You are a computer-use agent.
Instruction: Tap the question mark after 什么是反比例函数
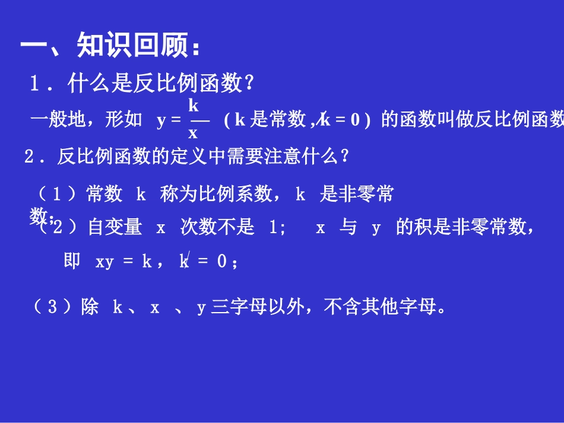(x=249, y=84)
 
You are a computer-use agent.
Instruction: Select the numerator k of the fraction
(x=193, y=106)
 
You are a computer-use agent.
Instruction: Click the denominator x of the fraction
(x=193, y=133)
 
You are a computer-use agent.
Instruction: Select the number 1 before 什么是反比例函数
(x=35, y=84)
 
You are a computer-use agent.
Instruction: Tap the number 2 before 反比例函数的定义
(x=28, y=157)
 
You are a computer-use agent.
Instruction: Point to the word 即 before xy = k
(x=72, y=261)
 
